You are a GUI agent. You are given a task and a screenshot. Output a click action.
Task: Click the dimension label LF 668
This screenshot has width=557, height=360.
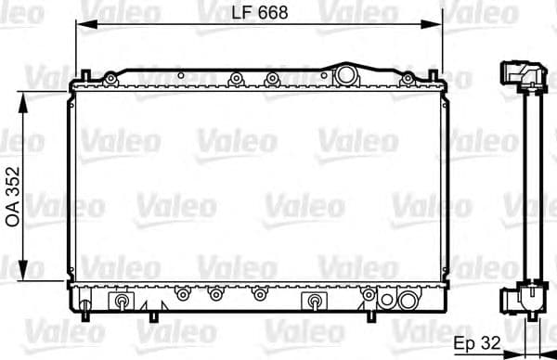point(257,12)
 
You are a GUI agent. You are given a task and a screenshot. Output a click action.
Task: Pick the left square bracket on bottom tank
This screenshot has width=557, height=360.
point(121,302)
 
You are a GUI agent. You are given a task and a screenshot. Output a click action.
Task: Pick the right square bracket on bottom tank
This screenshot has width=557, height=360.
point(314,302)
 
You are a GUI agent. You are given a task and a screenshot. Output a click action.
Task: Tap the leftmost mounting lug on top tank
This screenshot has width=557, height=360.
point(111,80)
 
